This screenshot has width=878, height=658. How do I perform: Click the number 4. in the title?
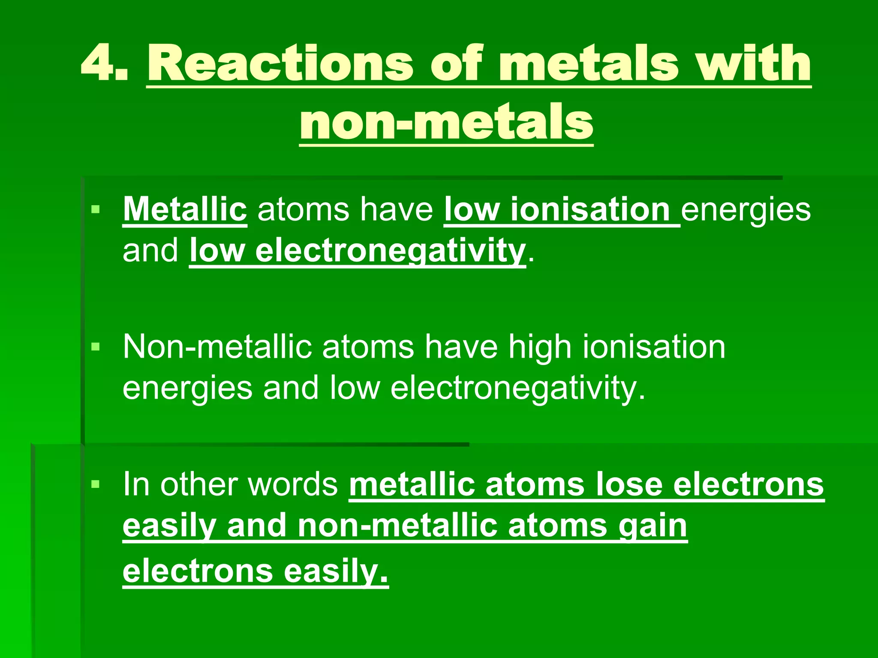(105, 63)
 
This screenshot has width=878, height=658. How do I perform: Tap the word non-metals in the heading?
(446, 123)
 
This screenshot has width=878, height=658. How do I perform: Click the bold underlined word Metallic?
(185, 209)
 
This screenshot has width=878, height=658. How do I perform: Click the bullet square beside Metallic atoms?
(95, 209)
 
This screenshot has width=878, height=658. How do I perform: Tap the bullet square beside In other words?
(95, 485)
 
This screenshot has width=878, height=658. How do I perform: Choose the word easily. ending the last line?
(336, 571)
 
